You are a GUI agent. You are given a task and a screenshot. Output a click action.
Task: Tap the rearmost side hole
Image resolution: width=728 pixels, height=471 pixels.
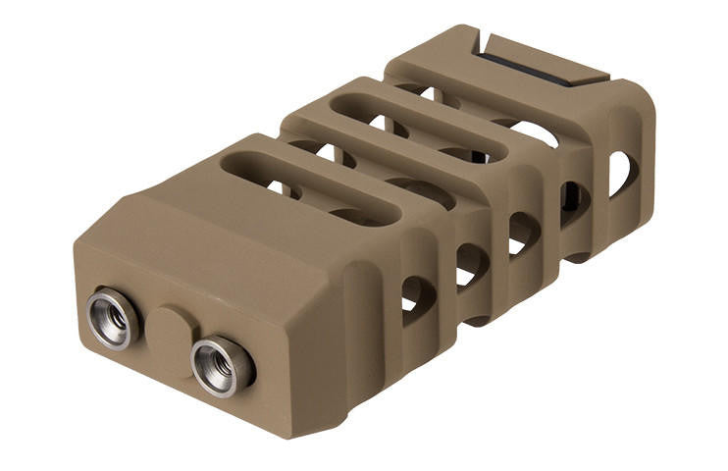pos(623,174)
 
